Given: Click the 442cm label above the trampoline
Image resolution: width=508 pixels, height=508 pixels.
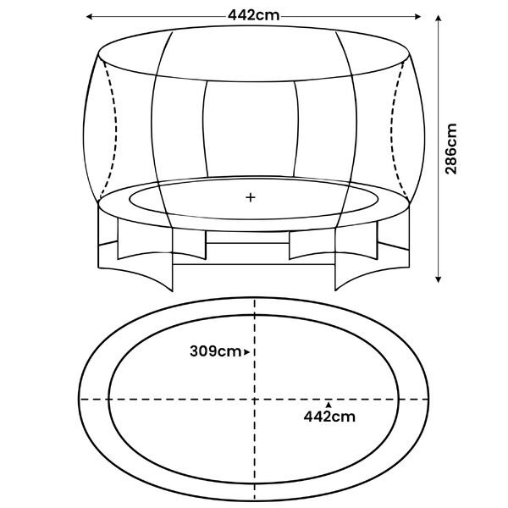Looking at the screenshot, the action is [x=253, y=15].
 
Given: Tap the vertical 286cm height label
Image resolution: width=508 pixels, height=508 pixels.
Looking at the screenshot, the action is [x=451, y=149].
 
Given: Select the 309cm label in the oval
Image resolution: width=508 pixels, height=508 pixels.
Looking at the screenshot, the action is [x=215, y=351].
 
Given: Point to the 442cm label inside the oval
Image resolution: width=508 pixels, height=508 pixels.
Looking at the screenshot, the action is [x=329, y=417].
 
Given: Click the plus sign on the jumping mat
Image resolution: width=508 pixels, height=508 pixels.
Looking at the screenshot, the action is [x=251, y=197].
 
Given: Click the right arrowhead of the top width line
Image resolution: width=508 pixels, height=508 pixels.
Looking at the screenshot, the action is [x=417, y=17].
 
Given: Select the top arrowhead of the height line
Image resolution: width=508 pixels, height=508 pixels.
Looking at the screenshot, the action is [x=439, y=18].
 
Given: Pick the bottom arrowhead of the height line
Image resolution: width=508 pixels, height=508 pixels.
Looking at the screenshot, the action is [x=439, y=279].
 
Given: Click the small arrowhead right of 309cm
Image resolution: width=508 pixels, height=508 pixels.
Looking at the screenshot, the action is [x=246, y=352].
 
